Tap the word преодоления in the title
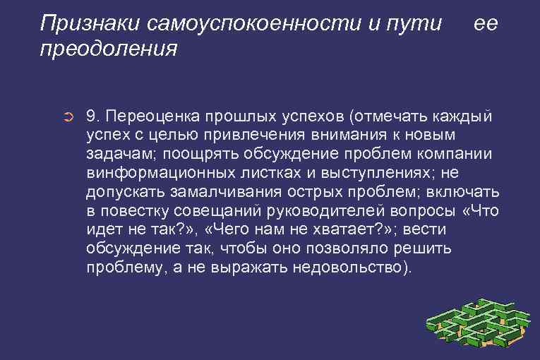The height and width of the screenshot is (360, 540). click(109, 50)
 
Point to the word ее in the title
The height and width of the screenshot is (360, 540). click(486, 23)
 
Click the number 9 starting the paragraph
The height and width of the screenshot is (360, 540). click(90, 115)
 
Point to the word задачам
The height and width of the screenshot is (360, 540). click(116, 154)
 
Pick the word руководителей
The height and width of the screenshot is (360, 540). click(330, 211)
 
